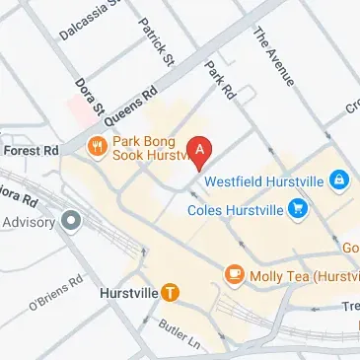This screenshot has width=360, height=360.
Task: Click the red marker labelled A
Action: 201,151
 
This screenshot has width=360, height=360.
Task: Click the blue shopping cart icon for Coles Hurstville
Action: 297,208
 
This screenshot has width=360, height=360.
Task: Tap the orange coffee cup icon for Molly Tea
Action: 234,272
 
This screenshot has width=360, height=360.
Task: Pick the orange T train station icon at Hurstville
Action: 171,292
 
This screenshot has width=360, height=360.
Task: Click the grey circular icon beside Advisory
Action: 69,221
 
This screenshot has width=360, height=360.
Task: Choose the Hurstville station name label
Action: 128,293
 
